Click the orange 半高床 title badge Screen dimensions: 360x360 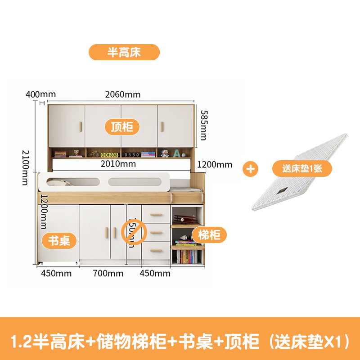[124, 52]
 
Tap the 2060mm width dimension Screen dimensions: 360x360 [122, 94]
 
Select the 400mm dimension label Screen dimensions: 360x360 [40, 94]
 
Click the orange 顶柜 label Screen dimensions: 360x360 [121, 127]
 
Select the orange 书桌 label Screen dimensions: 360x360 [59, 240]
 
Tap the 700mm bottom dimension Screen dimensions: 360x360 [108, 273]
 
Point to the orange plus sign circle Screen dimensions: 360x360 [251, 169]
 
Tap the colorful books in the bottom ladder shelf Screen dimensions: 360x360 [187, 257]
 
